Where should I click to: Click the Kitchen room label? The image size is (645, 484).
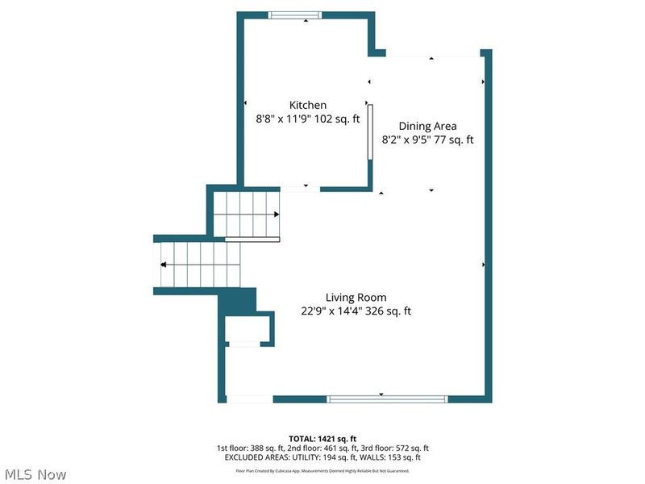pyautogui.click(x=308, y=105)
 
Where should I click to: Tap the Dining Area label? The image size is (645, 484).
pyautogui.click(x=427, y=126)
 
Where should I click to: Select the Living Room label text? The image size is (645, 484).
pyautogui.click(x=356, y=298)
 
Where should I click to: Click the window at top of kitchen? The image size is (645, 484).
pyautogui.click(x=295, y=15)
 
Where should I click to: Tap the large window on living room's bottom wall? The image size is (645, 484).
pyautogui.click(x=387, y=398)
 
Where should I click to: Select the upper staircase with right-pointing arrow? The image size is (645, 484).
pyautogui.click(x=247, y=214)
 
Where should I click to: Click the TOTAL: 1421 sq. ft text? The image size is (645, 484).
pyautogui.click(x=322, y=438)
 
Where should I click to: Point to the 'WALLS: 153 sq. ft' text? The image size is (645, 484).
pyautogui.click(x=390, y=457)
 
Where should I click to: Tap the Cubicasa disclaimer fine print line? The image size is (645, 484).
pyautogui.click(x=322, y=469)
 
